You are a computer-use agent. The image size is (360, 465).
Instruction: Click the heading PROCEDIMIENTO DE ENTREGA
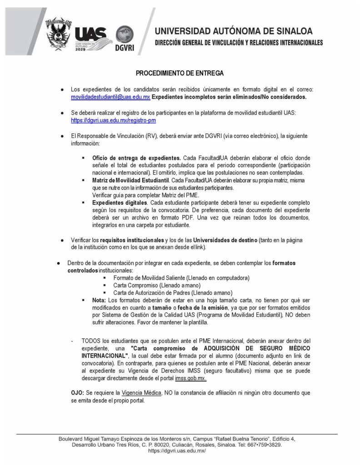coord(180,73)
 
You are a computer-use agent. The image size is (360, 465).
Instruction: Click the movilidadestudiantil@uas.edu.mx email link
coord(110,97)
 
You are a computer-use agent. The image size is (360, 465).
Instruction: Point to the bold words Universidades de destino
coord(225,239)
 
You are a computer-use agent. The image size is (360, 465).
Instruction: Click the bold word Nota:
coord(99,300)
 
